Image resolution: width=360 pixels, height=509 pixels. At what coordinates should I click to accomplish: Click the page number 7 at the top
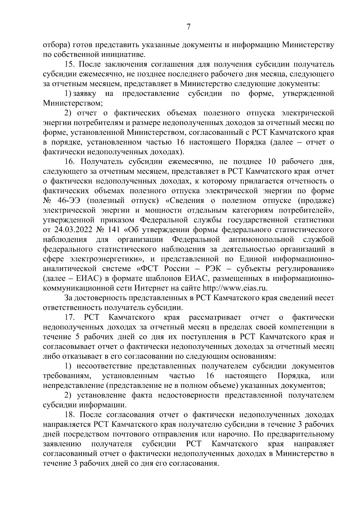pos(188,27)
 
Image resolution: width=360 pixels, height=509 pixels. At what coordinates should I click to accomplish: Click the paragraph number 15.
pos(70,64)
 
